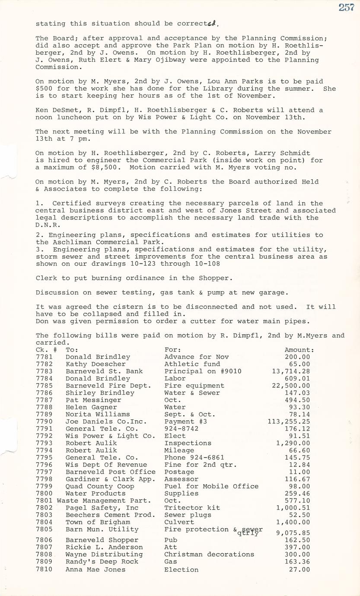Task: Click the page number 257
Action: point(346,7)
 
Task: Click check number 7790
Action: point(44,422)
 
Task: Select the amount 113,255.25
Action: point(289,422)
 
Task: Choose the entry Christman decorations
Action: point(209,554)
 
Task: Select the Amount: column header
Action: point(299,350)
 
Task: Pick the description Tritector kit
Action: point(192,507)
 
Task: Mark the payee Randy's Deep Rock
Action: point(102,561)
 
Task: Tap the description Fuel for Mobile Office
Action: point(211,486)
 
